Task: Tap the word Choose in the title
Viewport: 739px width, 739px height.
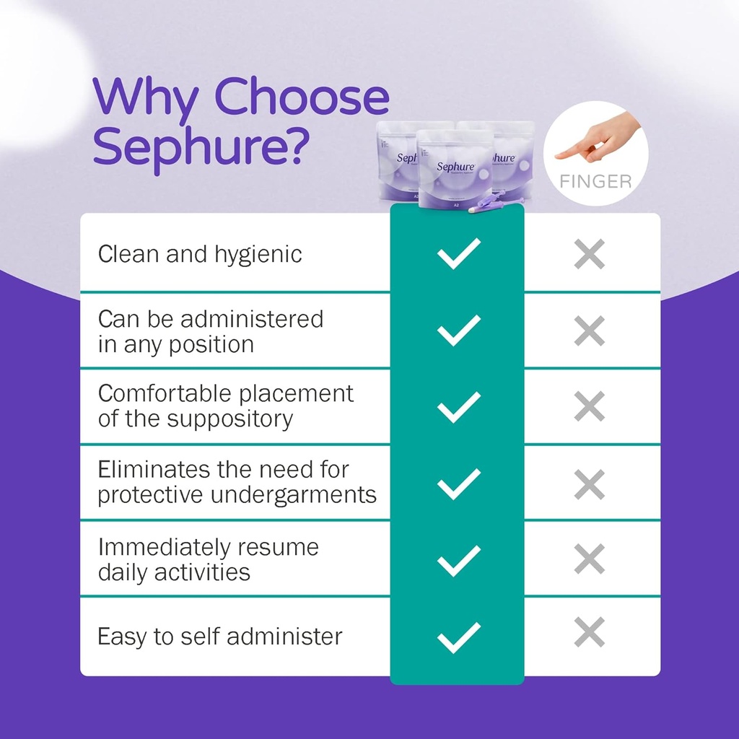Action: coord(302,98)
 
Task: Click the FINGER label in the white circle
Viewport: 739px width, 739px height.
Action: coord(595,180)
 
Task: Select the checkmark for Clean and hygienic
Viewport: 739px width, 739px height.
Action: coord(458,253)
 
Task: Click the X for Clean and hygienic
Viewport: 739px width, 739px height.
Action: coord(590,253)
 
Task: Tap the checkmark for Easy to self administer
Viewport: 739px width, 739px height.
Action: coord(458,637)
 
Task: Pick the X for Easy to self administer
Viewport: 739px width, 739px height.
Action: coord(590,632)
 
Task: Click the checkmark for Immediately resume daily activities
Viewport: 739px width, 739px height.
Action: coord(458,560)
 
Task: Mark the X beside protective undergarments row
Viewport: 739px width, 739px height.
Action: coord(590,484)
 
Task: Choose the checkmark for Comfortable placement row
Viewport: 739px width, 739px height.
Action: coord(458,407)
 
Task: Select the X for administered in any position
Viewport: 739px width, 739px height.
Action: coord(590,331)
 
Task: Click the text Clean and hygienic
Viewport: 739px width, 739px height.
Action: coord(200,254)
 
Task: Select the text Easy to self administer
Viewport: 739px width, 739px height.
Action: coord(220,637)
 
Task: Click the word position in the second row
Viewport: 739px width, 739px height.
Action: coord(214,344)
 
